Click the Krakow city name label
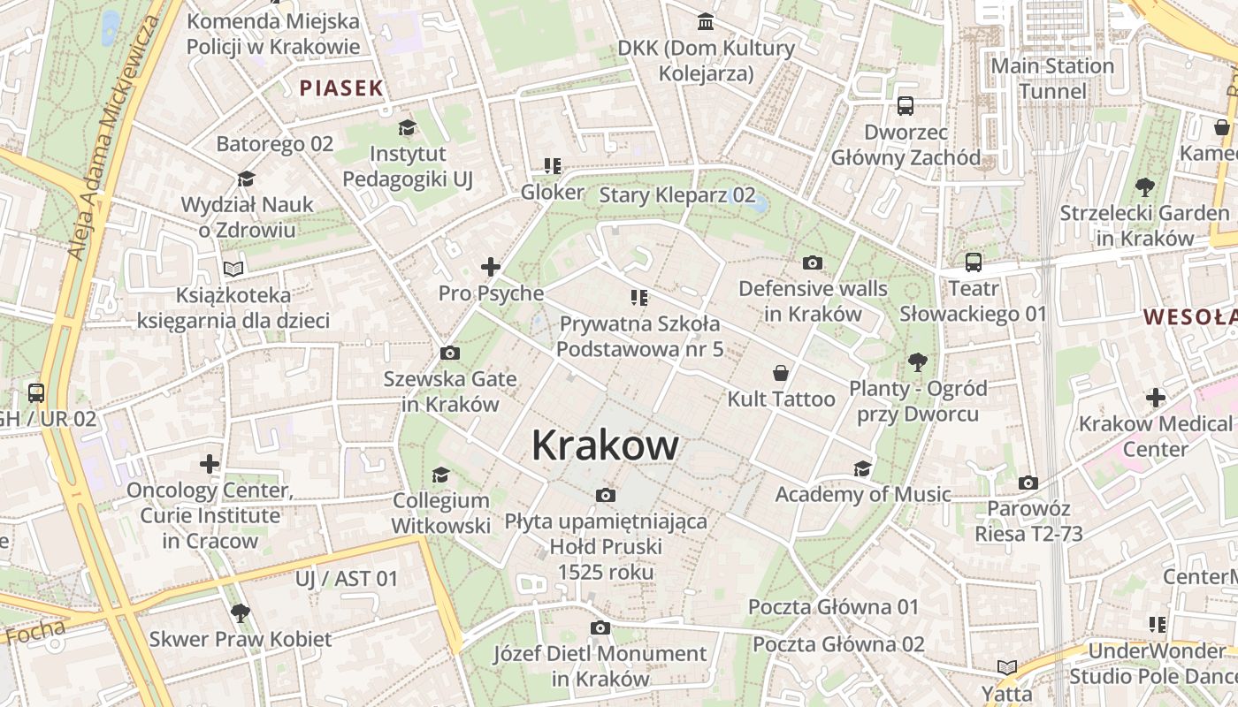(x=605, y=445)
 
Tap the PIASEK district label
(x=341, y=87)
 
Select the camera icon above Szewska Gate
(x=449, y=353)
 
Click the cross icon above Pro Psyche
(x=490, y=267)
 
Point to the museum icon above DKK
(x=706, y=21)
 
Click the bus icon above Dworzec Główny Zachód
(x=906, y=106)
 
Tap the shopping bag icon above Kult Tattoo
(x=780, y=373)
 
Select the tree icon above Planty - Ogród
(x=917, y=361)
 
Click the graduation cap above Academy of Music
(x=862, y=468)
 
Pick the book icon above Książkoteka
(x=233, y=269)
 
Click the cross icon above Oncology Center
(x=210, y=463)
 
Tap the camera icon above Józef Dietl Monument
(x=600, y=628)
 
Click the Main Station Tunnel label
(x=1052, y=79)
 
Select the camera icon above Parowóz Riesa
(x=1028, y=483)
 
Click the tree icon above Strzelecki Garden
(x=1144, y=187)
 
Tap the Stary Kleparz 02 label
(x=677, y=194)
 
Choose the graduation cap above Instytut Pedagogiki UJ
(x=407, y=128)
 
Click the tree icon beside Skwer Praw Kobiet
(x=240, y=612)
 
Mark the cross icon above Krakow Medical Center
(x=1155, y=398)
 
